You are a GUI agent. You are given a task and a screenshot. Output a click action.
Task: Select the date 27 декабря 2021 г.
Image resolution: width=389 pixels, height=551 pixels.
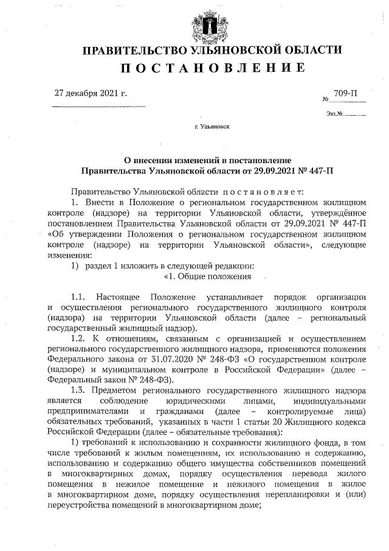91,94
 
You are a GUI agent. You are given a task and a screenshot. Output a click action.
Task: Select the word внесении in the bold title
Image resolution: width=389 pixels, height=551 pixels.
159,159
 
